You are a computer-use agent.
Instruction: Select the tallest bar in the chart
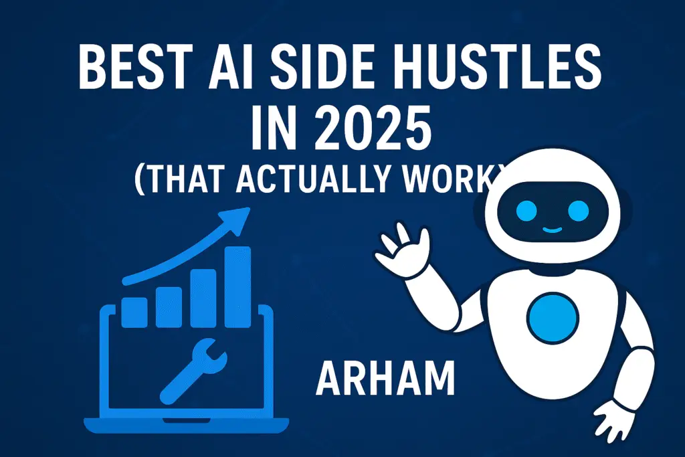(x=237, y=287)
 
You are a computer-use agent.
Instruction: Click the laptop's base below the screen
(x=186, y=425)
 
